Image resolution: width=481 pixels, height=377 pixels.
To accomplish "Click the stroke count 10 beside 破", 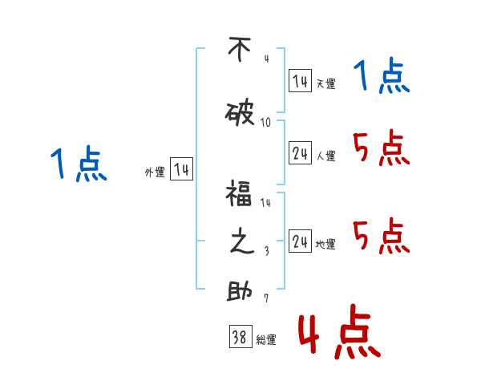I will [266, 123].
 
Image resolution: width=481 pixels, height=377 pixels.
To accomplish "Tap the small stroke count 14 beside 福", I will [266, 203].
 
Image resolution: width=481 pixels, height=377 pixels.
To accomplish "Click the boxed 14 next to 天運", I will [300, 80].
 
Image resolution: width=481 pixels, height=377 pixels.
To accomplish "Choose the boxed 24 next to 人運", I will [300, 152].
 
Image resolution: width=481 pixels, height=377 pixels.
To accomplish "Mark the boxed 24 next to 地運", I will [300, 241].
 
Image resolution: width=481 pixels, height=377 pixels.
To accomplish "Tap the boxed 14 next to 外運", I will [181, 169].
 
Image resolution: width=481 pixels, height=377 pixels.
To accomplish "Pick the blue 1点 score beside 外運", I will [79, 164].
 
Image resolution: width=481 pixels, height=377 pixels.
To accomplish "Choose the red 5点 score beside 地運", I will [381, 237].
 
